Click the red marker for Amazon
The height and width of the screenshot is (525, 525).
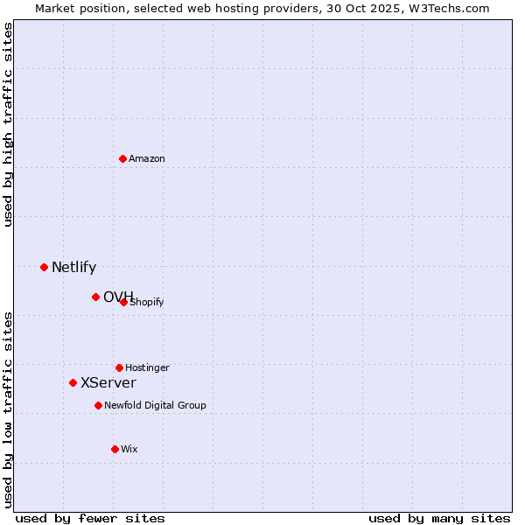123,158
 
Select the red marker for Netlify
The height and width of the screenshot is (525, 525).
44,267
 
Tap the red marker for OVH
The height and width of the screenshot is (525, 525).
95,297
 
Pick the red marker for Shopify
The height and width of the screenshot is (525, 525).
124,302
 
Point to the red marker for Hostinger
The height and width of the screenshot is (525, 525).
119,367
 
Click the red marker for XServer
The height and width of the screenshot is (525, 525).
73,382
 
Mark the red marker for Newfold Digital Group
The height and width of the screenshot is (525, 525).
98,405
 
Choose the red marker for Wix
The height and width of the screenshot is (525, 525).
115,449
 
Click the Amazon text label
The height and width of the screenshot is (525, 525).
147,159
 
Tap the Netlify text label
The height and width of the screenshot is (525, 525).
73,268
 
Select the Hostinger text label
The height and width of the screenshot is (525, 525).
147,368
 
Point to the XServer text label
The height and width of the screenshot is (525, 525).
108,383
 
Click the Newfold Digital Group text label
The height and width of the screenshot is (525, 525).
155,406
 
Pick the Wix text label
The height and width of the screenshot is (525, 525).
129,450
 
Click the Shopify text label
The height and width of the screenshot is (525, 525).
148,303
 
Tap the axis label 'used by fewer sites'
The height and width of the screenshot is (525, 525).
90,518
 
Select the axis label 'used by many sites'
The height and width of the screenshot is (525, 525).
439,518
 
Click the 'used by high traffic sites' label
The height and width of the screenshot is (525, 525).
9,124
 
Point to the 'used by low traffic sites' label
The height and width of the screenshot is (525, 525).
9,409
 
